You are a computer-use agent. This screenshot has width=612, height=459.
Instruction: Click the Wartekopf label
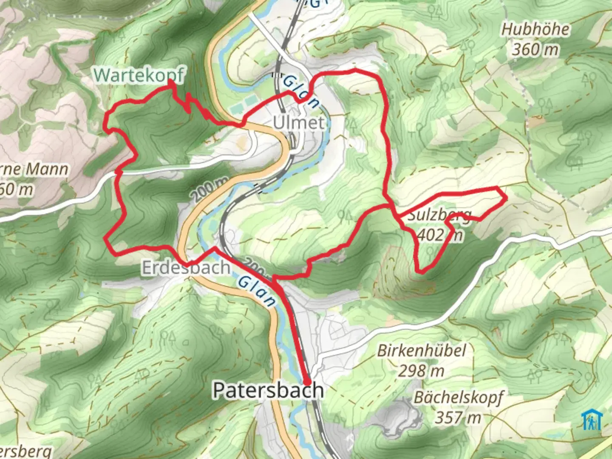[x=139, y=75]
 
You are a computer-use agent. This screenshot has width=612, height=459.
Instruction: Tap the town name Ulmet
[x=298, y=122]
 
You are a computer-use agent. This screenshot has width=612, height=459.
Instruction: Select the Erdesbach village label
[x=186, y=268]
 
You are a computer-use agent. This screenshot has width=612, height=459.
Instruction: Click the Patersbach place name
[x=268, y=390]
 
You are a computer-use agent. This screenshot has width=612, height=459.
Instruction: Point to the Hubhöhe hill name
[x=535, y=29]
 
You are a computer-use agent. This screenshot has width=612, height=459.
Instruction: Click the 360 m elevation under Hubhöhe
[x=535, y=50]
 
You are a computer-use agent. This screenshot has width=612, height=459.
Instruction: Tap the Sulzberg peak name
[x=439, y=215]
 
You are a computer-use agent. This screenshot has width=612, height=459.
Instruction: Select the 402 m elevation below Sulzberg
[x=439, y=234]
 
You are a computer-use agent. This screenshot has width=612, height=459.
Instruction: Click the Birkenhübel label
[x=422, y=351]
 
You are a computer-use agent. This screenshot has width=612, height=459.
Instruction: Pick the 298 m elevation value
[x=421, y=371]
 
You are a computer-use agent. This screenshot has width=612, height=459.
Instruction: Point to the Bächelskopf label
[x=458, y=397]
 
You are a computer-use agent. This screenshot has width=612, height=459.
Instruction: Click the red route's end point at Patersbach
[x=307, y=382]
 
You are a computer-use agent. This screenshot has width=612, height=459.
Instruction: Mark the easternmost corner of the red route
[x=506, y=197]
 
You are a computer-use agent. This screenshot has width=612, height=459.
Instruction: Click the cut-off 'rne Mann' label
[x=34, y=169]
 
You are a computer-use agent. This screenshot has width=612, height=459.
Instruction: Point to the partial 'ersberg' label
[x=25, y=451]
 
